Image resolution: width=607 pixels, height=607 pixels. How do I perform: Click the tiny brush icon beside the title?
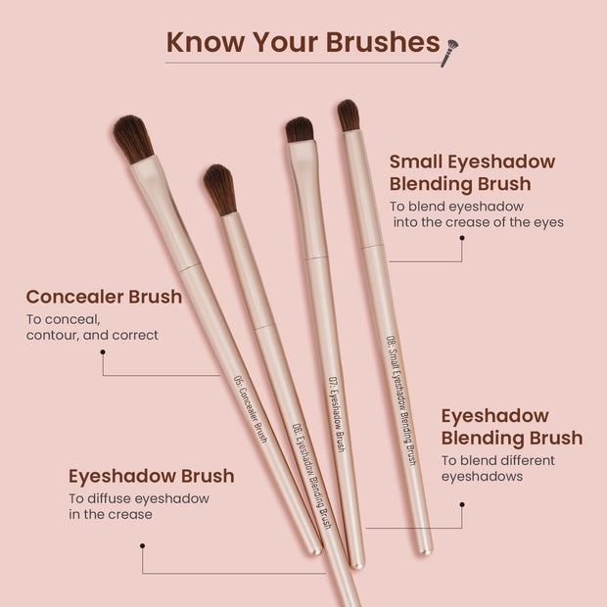[x=449, y=51]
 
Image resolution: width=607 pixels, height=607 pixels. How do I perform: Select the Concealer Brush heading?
[x=104, y=296]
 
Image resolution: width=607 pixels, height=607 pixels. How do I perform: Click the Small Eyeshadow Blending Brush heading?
[x=472, y=172]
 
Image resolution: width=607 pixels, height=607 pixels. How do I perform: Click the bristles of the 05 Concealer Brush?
[x=132, y=138]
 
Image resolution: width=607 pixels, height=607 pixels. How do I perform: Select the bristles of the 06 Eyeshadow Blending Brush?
[x=220, y=189]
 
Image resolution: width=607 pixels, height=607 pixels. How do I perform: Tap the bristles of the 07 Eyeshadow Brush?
[x=300, y=129]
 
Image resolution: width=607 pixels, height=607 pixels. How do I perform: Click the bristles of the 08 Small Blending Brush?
[x=349, y=115]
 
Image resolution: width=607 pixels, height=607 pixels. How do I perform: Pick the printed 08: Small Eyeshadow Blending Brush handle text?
[x=402, y=399]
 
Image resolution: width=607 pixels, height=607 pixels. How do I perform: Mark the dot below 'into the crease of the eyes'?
[x=462, y=238]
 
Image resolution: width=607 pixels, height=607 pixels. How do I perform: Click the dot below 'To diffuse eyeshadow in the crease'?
[x=143, y=546]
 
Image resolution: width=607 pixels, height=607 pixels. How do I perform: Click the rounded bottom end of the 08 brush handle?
[x=426, y=549]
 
